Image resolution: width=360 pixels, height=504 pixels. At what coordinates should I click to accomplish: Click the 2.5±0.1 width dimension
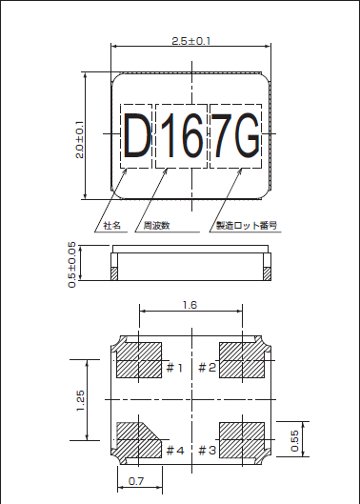click(190, 41)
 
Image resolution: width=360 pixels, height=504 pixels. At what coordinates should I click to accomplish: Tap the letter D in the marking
click(137, 138)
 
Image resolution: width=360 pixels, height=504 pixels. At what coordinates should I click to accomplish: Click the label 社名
click(112, 226)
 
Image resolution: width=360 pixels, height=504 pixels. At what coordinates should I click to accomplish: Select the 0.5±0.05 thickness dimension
click(73, 263)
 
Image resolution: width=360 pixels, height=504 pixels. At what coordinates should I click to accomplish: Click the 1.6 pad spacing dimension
click(190, 305)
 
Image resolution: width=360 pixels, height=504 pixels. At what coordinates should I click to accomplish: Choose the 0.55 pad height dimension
click(294, 437)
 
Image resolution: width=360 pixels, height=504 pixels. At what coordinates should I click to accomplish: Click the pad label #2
click(207, 367)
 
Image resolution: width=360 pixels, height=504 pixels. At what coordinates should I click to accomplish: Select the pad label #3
click(207, 450)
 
